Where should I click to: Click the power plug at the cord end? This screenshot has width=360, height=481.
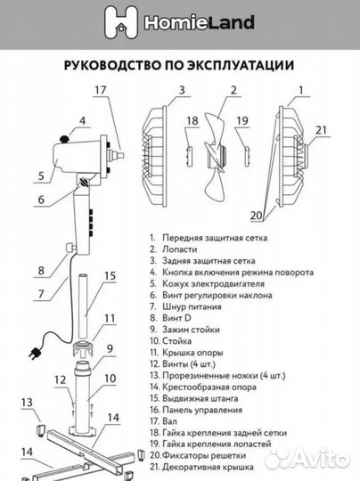[37, 348]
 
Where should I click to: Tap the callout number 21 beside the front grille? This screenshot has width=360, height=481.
[323, 131]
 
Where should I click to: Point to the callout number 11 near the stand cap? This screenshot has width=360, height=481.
[110, 318]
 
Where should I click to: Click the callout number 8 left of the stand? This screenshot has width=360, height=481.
[41, 270]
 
